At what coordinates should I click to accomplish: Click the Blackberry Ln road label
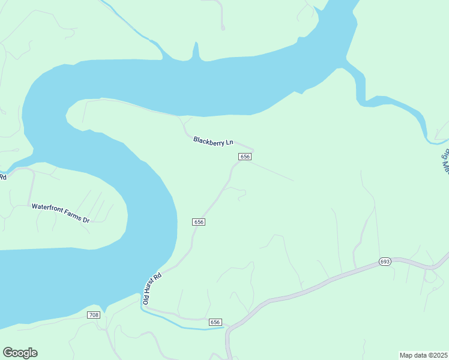pyautogui.click(x=213, y=142)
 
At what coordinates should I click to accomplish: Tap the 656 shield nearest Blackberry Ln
pyautogui.click(x=244, y=157)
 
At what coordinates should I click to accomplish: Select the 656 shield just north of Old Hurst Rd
pyautogui.click(x=199, y=222)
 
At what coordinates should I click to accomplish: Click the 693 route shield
pyautogui.click(x=385, y=262)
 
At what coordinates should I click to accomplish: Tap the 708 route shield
pyautogui.click(x=93, y=315)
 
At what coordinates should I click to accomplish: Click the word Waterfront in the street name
pyautogui.click(x=47, y=207)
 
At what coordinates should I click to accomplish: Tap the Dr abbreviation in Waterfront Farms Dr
pyautogui.click(x=86, y=220)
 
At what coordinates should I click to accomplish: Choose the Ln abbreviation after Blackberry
pyautogui.click(x=229, y=143)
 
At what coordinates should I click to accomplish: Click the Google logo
pyautogui.click(x=20, y=353)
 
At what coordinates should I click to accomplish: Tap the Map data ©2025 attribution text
pyautogui.click(x=423, y=355)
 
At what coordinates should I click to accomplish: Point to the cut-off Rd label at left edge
pyautogui.click(x=3, y=176)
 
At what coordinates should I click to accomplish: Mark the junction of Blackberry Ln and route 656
pyautogui.click(x=253, y=150)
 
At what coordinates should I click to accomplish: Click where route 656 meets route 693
pyautogui.click(x=228, y=329)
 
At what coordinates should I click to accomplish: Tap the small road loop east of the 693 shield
pyautogui.click(x=430, y=276)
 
